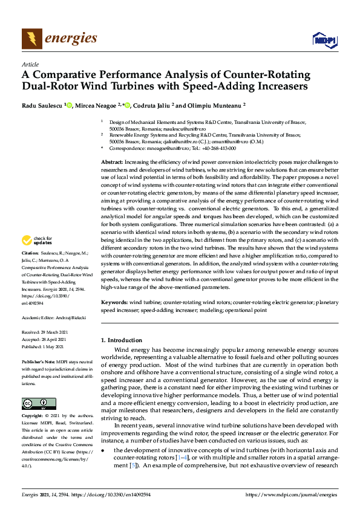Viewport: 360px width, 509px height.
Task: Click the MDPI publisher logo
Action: (x=323, y=40)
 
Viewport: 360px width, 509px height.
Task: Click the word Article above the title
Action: (x=30, y=64)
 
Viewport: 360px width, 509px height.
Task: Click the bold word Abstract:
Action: (x=112, y=163)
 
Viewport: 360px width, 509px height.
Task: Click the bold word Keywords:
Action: (x=114, y=302)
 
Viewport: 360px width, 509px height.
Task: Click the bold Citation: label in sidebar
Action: (x=30, y=269)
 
